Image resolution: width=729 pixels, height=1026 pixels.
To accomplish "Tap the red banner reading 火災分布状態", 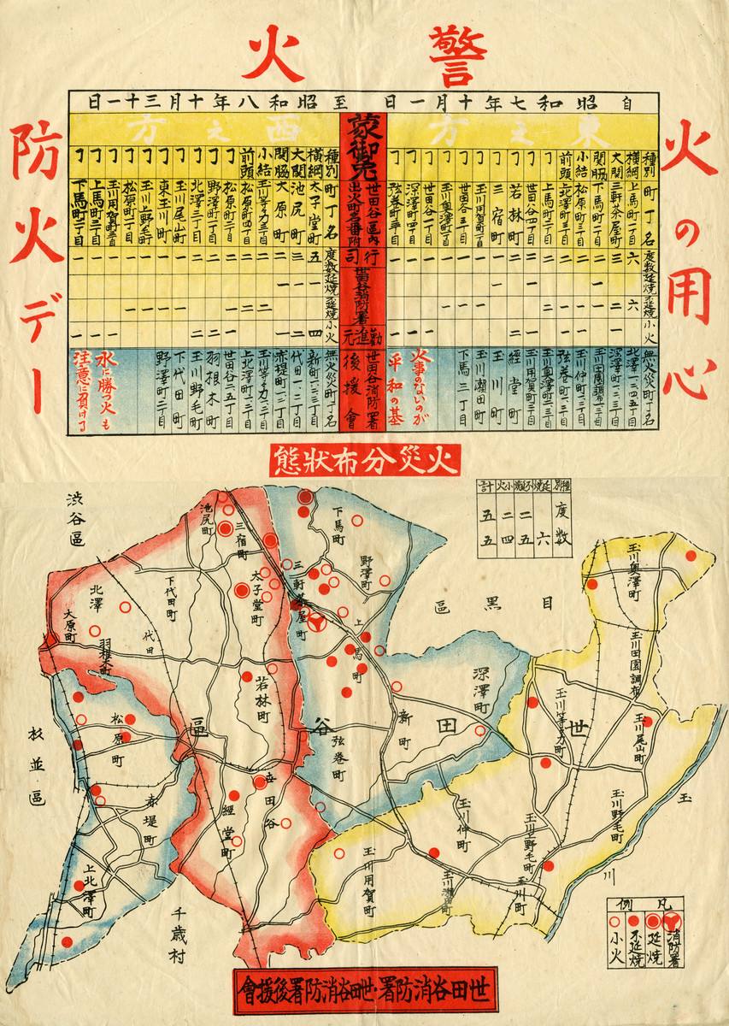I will point(365,461).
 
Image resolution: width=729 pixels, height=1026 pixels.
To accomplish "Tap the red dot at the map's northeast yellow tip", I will point(689,556).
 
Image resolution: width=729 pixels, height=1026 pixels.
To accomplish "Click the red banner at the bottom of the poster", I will point(364,993).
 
